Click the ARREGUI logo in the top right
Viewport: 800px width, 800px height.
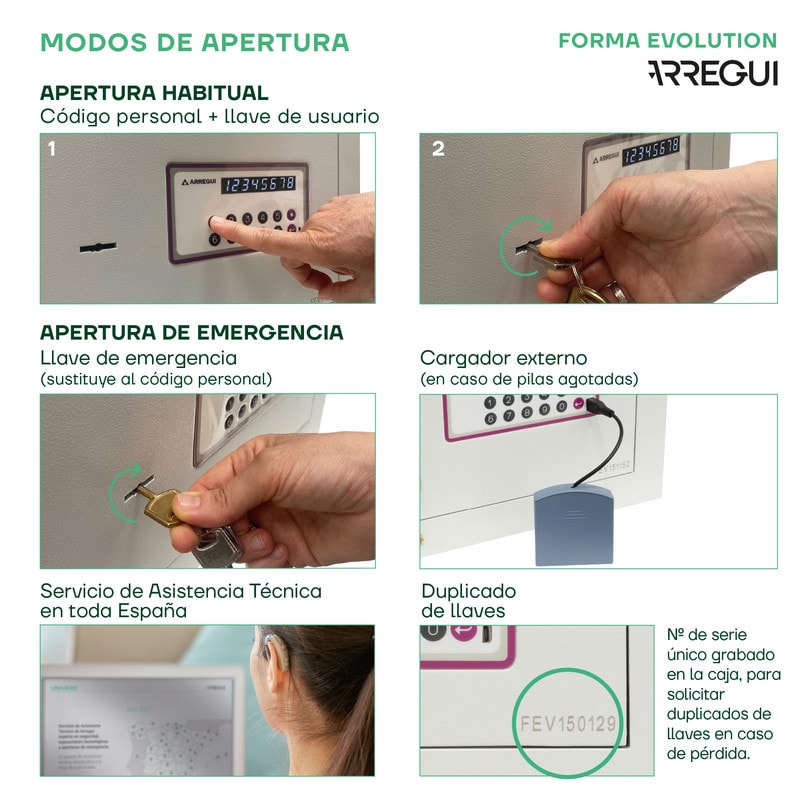point(712,73)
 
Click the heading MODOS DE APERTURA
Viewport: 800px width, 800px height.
point(195,42)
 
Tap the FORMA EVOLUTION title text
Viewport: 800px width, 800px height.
point(667,41)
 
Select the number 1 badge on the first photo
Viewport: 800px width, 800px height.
point(52,149)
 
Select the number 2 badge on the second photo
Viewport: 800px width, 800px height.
point(438,149)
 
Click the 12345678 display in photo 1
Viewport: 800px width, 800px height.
point(258,183)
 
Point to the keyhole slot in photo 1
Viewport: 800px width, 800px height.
point(97,245)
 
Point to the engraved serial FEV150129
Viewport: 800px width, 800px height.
point(569,722)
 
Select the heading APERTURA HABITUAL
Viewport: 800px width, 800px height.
point(154,93)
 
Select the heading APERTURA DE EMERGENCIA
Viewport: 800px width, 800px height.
point(191,332)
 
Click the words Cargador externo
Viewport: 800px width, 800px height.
point(503,358)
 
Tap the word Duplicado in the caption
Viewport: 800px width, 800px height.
point(468,590)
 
